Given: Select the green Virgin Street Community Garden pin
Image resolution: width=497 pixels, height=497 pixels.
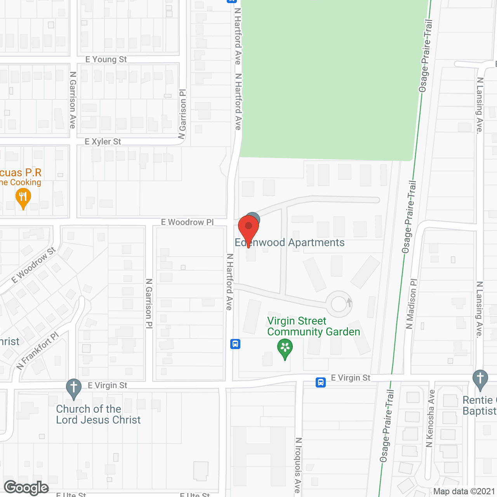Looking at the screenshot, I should [x=285, y=348].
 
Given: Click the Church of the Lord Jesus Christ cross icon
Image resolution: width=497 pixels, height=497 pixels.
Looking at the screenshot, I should [x=74, y=388].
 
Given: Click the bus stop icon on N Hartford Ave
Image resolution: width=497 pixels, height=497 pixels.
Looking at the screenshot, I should [x=235, y=344].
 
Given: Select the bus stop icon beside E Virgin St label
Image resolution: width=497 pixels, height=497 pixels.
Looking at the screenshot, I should [x=321, y=382].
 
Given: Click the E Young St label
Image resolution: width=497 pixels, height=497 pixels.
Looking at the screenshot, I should [x=106, y=59].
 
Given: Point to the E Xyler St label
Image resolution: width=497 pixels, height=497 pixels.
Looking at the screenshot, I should [x=103, y=142].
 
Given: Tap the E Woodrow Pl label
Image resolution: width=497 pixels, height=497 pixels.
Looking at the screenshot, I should [x=187, y=222].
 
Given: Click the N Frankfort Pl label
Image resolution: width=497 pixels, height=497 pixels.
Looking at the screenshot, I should [x=38, y=351].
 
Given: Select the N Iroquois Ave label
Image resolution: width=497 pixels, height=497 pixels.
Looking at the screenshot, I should [x=298, y=465].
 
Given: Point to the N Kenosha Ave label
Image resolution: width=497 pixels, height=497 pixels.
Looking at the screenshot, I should [x=430, y=419].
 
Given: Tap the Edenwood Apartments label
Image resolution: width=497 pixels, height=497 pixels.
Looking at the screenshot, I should [x=290, y=243].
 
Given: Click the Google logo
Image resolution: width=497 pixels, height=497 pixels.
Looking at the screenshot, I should [x=26, y=488].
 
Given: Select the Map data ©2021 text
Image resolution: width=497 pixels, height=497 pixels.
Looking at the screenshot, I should [x=464, y=492].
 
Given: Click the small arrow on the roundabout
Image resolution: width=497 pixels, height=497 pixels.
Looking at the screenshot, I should [x=349, y=302].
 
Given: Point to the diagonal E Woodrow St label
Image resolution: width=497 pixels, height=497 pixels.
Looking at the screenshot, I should [x=33, y=265].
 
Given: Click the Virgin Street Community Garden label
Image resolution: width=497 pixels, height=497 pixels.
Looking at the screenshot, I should [x=314, y=327].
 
